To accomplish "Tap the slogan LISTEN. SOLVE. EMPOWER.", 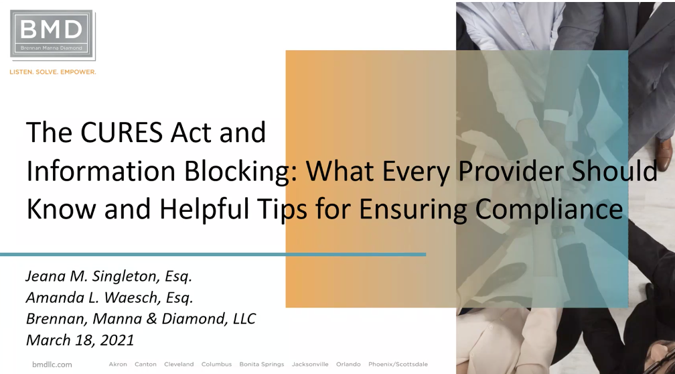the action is coord(52,72).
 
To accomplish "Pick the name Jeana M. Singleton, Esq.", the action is coord(108,276).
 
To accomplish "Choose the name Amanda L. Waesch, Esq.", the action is coord(109,298).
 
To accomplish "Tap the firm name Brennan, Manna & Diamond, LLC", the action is coord(141,318).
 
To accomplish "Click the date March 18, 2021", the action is coord(80,340).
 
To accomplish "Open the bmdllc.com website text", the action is coord(52,365).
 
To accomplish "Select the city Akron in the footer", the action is coord(118,364).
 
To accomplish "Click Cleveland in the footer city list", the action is coord(179,364).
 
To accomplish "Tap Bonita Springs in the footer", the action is coord(262,365).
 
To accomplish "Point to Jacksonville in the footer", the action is coord(310,364).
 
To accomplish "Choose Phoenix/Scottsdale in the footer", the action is coord(398,364).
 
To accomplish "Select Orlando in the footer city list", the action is coord(348,364).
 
